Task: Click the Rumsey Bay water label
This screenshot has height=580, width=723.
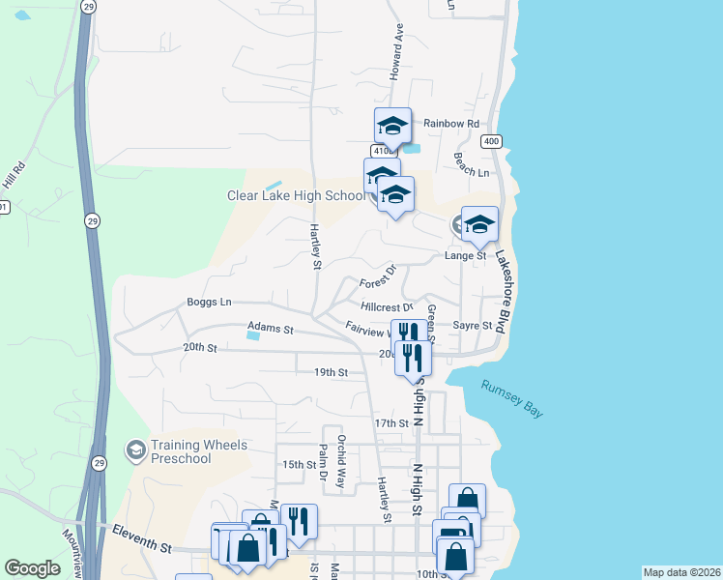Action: coord(512,397)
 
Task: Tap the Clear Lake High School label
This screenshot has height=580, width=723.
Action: coord(296,195)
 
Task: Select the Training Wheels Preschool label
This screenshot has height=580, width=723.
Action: coord(198,451)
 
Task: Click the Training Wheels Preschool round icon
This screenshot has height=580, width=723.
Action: coord(136,449)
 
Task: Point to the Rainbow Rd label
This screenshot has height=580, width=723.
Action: coord(451,124)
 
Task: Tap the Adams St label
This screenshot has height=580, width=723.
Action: coord(270,329)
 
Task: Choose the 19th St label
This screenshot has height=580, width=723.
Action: coord(330,372)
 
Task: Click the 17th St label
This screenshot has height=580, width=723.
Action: coord(391,423)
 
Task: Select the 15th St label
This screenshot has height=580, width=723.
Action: coord(300,464)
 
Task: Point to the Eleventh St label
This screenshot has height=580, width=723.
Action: coord(141,537)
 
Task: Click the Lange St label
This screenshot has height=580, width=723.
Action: coord(465,256)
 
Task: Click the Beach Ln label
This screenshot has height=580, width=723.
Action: coord(471,168)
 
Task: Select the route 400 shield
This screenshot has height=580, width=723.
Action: coord(493,141)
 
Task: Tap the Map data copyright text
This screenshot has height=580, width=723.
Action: coord(680,572)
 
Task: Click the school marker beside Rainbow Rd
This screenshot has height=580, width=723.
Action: coord(393,128)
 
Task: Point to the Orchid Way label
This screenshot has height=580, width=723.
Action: coord(341,450)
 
